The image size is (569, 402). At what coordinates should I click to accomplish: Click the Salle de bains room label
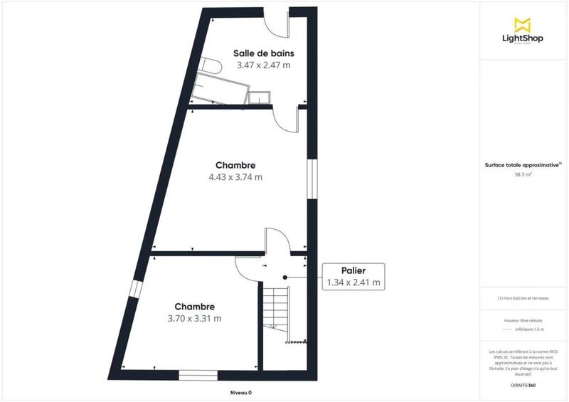click(264, 53)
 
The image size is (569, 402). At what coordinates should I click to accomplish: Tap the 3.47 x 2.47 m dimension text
click(264, 65)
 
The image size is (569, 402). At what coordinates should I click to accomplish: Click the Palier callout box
click(353, 276)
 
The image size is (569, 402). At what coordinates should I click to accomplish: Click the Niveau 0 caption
click(240, 392)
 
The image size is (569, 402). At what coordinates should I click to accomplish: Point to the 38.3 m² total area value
click(523, 173)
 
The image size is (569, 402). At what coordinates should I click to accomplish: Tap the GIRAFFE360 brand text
click(523, 385)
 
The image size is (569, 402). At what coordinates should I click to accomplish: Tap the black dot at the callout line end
click(284, 277)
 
